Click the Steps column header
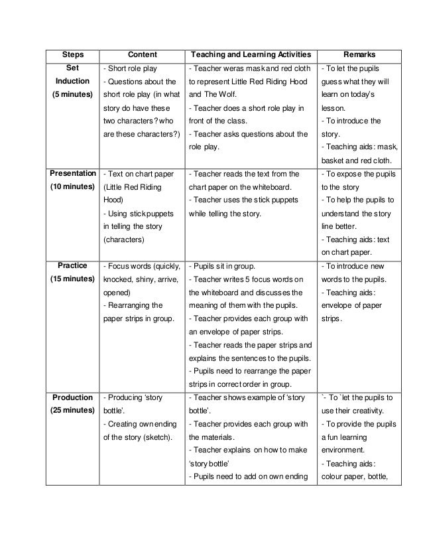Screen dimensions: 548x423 tap(72, 54)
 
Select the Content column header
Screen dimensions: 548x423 tap(142, 54)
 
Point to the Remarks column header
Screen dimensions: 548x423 tap(359, 54)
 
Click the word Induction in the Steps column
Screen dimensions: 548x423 tap(72, 81)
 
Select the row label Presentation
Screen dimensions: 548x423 tap(72, 174)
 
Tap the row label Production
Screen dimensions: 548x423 tap(72, 397)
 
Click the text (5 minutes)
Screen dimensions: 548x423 tap(72, 94)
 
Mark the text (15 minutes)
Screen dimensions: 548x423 tap(72, 279)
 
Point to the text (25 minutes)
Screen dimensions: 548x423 tap(72, 411)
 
